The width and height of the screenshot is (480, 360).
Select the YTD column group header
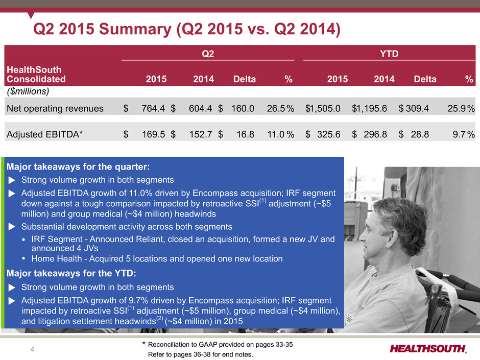(389, 54)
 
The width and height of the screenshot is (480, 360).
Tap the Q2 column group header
(208, 54)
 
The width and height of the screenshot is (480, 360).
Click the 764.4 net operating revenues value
(153, 108)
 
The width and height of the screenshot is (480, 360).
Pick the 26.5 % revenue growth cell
(280, 108)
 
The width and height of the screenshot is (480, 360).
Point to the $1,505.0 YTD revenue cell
(323, 108)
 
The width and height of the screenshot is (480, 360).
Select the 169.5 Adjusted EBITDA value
(153, 134)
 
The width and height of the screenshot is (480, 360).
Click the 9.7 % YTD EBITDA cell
(464, 134)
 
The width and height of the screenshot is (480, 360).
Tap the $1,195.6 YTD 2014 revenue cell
(370, 108)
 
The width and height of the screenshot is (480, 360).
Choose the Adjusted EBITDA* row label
(45, 134)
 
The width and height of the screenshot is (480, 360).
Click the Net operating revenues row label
(55, 108)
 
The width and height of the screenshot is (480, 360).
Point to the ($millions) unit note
(28, 91)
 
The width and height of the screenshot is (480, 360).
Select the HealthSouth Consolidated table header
(36, 75)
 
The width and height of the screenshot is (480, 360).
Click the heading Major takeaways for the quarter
(78, 167)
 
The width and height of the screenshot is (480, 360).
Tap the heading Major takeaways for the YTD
(71, 273)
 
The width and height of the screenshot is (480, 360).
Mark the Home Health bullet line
(157, 259)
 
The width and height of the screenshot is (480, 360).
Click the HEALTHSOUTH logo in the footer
(428, 349)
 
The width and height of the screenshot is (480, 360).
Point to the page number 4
(33, 349)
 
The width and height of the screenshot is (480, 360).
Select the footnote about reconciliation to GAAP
(218, 345)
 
